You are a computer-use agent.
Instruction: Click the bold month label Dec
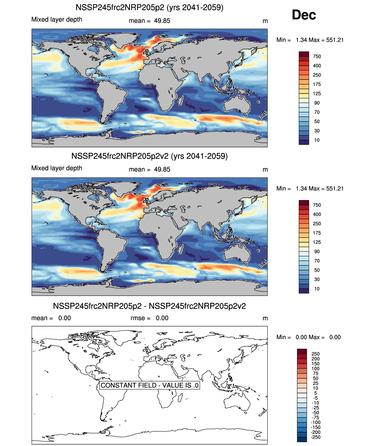tap(304, 15)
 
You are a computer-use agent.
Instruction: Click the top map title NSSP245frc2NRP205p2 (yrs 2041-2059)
tap(149, 7)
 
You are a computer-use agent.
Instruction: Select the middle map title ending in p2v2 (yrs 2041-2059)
tap(149, 156)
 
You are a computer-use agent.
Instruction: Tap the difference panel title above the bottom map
tap(149, 306)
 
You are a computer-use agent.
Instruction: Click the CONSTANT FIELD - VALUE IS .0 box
tap(150, 385)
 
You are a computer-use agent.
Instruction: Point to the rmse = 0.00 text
tap(149, 318)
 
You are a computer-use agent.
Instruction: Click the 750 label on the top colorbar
tap(317, 56)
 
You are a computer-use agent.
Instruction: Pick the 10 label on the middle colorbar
tap(317, 289)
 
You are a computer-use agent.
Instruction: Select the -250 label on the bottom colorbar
tap(316, 437)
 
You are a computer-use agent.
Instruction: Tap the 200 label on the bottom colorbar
tap(316, 359)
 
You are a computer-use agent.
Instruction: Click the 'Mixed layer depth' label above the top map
tap(57, 19)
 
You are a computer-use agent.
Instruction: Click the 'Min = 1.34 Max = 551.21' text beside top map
tap(310, 40)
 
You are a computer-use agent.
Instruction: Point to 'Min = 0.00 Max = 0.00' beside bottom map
tap(308, 337)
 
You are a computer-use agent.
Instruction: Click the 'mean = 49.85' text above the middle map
tap(149, 169)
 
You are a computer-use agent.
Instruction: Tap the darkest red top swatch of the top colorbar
tap(304, 54)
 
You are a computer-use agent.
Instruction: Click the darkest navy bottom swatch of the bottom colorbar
tap(302, 439)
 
